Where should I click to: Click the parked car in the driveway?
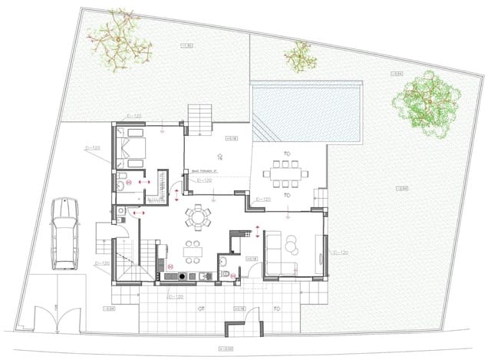click(x=64, y=233)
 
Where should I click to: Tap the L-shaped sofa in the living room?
click(x=278, y=254)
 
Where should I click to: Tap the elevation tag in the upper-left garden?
click(x=188, y=48)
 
